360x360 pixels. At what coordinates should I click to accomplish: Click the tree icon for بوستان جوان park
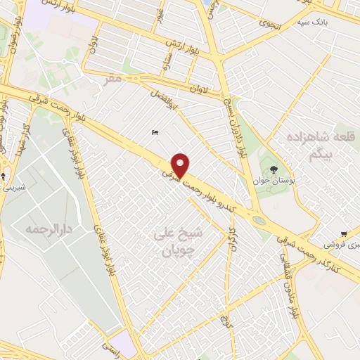tap(273, 169)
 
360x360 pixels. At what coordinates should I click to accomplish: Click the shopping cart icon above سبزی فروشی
tap(343, 233)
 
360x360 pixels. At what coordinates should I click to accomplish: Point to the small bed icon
tap(155, 132)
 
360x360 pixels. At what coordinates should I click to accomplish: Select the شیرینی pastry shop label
tap(13, 188)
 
